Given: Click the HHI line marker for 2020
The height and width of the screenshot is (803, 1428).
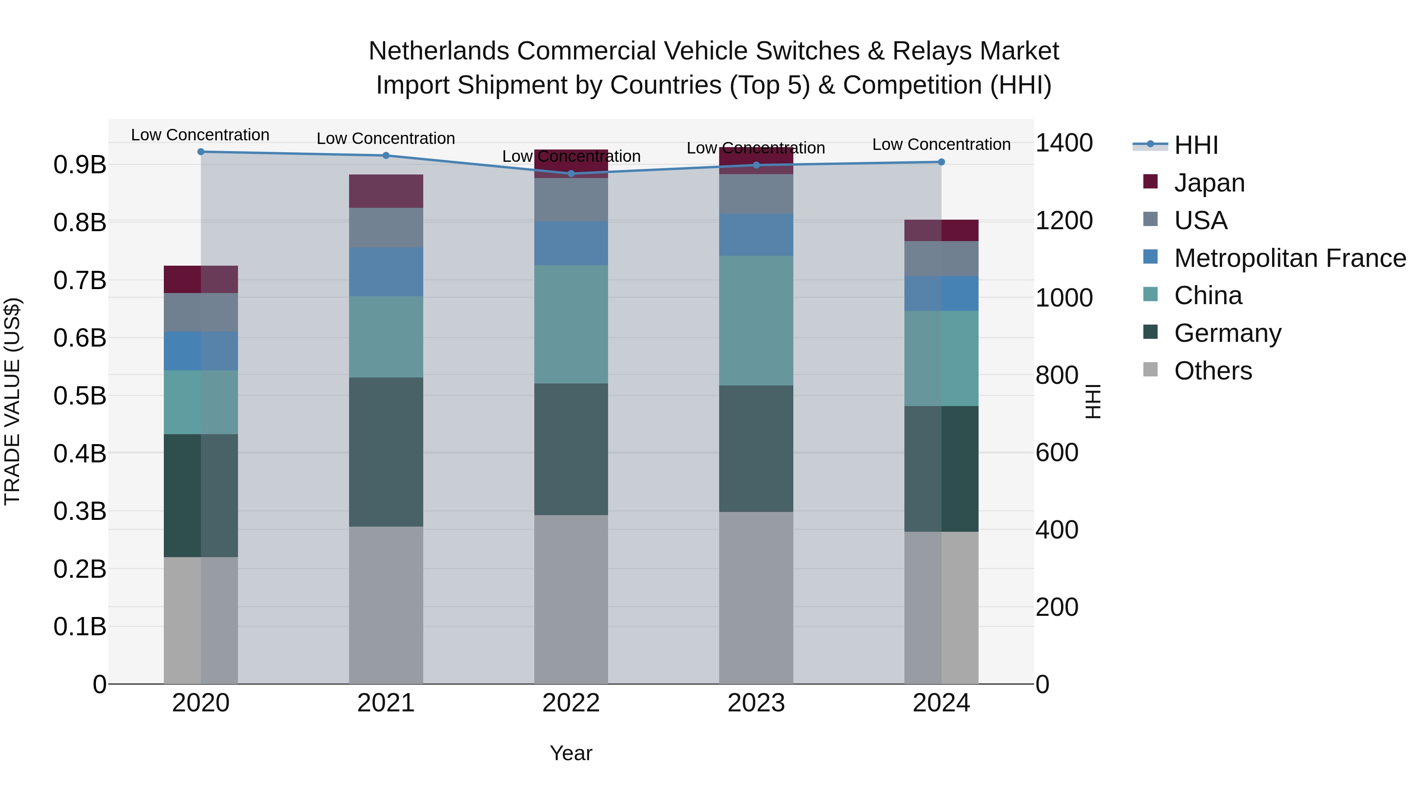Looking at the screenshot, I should pyautogui.click(x=201, y=151).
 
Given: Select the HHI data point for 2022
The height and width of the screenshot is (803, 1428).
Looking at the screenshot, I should pyautogui.click(x=571, y=173).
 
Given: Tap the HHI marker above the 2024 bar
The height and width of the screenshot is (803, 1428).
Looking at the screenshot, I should pyautogui.click(x=941, y=162).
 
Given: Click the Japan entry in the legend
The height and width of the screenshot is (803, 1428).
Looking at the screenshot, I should pyautogui.click(x=1209, y=183).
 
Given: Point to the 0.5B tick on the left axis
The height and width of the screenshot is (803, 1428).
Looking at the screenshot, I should pyautogui.click(x=80, y=396).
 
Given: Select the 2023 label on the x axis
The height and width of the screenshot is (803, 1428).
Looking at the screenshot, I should pyautogui.click(x=756, y=703).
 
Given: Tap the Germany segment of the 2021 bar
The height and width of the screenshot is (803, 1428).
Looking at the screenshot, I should pyautogui.click(x=386, y=452).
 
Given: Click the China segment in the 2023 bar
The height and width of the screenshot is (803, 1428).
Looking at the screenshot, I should pyautogui.click(x=756, y=320).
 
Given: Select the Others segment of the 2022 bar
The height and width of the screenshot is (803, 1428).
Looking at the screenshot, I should pyautogui.click(x=571, y=598).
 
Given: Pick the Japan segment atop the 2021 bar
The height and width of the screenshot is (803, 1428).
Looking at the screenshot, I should pyautogui.click(x=386, y=191).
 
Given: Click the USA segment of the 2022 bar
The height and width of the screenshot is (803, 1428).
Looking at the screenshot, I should pyautogui.click(x=571, y=199).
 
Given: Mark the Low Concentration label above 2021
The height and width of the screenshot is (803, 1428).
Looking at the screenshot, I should pyautogui.click(x=386, y=138).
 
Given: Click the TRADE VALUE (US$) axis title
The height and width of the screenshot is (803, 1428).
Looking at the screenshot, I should pyautogui.click(x=12, y=401).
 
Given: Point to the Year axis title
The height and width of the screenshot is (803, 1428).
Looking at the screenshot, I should pyautogui.click(x=571, y=753).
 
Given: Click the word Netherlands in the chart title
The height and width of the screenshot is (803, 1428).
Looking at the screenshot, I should pyautogui.click(x=438, y=51).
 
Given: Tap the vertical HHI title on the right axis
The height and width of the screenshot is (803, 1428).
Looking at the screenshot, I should pyautogui.click(x=1092, y=401).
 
